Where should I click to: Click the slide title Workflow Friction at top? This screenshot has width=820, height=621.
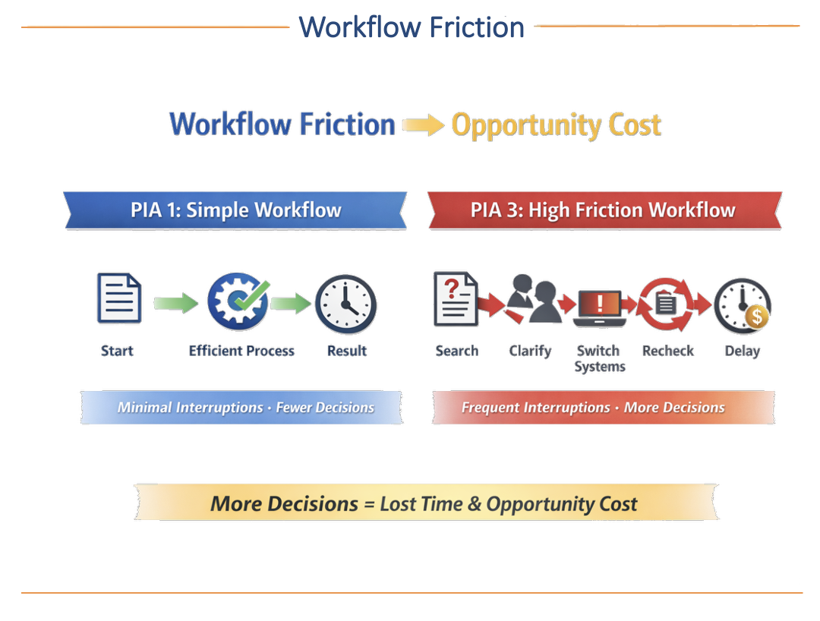[412, 27]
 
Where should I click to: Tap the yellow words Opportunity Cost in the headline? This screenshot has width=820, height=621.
[556, 125]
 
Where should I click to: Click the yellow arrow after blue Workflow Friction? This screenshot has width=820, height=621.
[423, 125]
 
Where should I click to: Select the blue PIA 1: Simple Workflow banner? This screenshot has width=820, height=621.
[235, 210]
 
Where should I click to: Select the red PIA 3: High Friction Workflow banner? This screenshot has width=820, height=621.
[604, 210]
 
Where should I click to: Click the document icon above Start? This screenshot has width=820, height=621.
[119, 299]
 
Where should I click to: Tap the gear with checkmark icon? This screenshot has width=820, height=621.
[238, 301]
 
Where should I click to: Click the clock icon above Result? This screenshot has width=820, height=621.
[345, 304]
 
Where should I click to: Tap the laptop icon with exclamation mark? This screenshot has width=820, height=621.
[599, 305]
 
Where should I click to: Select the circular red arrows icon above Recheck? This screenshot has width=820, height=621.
[666, 304]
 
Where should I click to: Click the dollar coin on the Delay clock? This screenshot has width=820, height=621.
[756, 316]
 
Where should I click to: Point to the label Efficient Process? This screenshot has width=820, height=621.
[241, 351]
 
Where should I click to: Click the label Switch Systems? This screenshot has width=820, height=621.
[599, 358]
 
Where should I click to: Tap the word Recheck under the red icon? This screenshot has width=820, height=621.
[668, 351]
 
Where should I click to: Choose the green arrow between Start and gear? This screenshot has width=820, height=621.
[175, 304]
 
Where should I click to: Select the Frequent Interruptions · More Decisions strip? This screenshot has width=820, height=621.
[593, 408]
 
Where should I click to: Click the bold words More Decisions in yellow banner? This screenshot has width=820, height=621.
[284, 504]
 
